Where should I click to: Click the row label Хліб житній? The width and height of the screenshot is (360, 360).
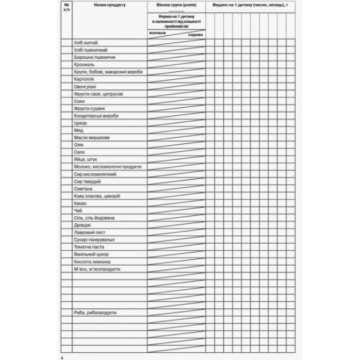[x=85, y=43]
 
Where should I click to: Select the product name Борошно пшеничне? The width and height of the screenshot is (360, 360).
[x=94, y=57]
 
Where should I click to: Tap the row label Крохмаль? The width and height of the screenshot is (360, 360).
[x=84, y=64]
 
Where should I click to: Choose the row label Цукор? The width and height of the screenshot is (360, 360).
[x=80, y=123]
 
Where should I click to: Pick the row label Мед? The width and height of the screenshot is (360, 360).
[x=78, y=130]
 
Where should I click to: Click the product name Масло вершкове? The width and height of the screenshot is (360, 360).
[x=92, y=137]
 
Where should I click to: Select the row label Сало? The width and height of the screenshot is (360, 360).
[x=79, y=152]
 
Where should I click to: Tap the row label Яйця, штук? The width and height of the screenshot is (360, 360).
[x=85, y=160]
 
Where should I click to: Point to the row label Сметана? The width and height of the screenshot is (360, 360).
[x=83, y=188]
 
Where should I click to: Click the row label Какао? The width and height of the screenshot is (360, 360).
[x=81, y=203]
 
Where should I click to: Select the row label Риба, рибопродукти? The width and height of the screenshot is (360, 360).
[x=95, y=313]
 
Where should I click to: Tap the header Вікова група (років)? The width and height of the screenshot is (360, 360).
[x=176, y=5]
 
